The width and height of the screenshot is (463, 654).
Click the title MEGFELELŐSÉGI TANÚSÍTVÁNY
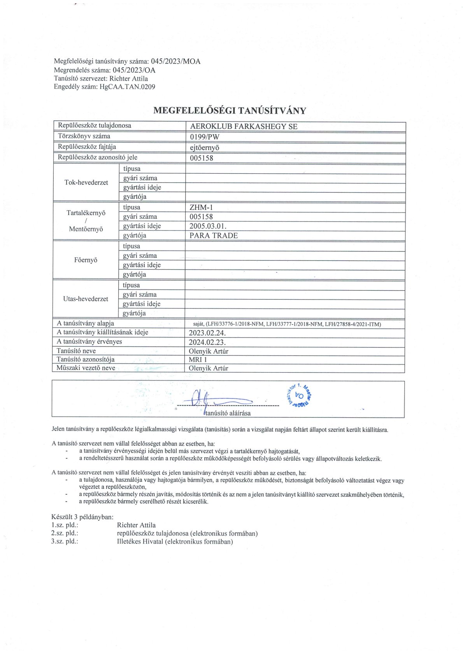(230, 110)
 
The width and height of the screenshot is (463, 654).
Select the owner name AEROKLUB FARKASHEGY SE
(244, 126)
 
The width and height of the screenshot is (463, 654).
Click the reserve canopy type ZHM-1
(201, 208)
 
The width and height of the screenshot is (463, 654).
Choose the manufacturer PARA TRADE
(214, 235)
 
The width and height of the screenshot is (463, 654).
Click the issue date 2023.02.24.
(207, 333)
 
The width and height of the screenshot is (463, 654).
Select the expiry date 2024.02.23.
(207, 342)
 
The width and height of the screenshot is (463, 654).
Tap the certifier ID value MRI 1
(198, 360)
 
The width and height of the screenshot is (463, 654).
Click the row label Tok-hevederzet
(86, 183)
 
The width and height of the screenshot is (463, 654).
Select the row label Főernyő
(86, 260)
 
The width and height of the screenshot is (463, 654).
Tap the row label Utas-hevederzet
(86, 299)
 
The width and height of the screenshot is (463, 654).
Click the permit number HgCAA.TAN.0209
(127, 87)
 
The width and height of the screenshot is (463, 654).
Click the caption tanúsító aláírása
(228, 413)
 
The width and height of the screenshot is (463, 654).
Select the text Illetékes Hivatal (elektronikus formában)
(175, 542)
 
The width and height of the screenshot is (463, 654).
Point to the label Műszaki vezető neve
(86, 368)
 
